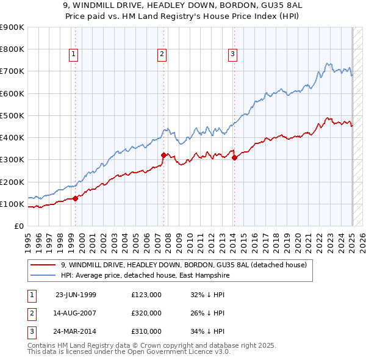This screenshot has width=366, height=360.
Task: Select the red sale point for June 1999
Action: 76,198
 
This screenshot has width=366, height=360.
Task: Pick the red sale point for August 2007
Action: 164,155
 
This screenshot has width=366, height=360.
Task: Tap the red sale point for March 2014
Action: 235,157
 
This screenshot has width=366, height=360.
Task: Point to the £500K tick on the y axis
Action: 12,115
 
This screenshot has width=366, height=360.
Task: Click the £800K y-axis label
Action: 12,49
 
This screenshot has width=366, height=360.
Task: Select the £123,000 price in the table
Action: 146,294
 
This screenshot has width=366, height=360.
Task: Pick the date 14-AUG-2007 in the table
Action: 76,313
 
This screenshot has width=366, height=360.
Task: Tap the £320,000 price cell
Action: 146,313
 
